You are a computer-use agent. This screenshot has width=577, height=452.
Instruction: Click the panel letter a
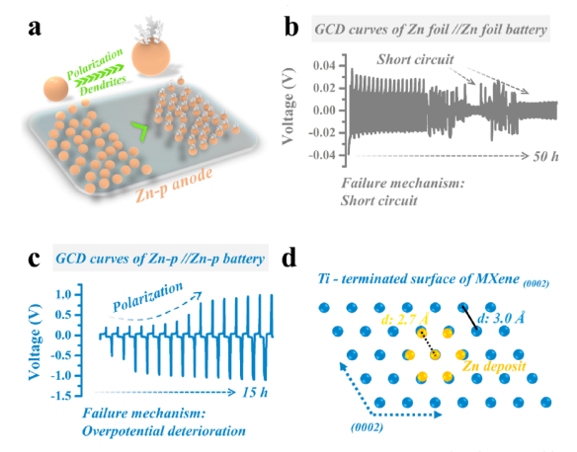click(35, 29)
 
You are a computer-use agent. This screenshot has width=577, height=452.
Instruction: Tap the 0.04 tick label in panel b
click(324, 66)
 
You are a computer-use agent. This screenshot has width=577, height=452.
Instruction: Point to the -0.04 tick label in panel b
click(322, 155)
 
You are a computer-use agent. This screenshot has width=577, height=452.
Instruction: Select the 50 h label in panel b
click(545, 157)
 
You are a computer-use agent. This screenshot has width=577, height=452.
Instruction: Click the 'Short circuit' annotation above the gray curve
click(415, 59)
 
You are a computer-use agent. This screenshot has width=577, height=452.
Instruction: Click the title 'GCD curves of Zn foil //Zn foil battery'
click(431, 30)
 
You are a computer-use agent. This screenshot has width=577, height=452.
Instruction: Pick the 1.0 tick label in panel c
click(65, 295)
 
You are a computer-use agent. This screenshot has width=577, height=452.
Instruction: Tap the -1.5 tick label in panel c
click(62, 396)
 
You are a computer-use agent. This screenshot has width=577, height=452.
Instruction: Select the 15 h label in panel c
click(255, 393)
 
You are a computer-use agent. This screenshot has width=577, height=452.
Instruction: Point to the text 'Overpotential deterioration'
click(164, 430)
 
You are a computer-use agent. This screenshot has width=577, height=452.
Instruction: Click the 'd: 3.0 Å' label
click(501, 318)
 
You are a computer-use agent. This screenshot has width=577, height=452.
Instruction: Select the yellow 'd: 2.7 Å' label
click(404, 320)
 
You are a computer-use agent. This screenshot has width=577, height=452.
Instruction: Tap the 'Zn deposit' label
click(494, 366)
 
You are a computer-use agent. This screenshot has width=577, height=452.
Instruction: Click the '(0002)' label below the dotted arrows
click(367, 427)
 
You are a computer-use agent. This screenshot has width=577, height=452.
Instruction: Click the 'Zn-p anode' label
click(174, 186)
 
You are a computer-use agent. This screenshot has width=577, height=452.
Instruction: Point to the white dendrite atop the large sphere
click(149, 29)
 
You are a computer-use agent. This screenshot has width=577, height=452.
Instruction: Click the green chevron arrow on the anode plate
click(140, 131)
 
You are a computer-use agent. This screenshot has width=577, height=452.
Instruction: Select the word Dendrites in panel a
click(104, 85)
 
